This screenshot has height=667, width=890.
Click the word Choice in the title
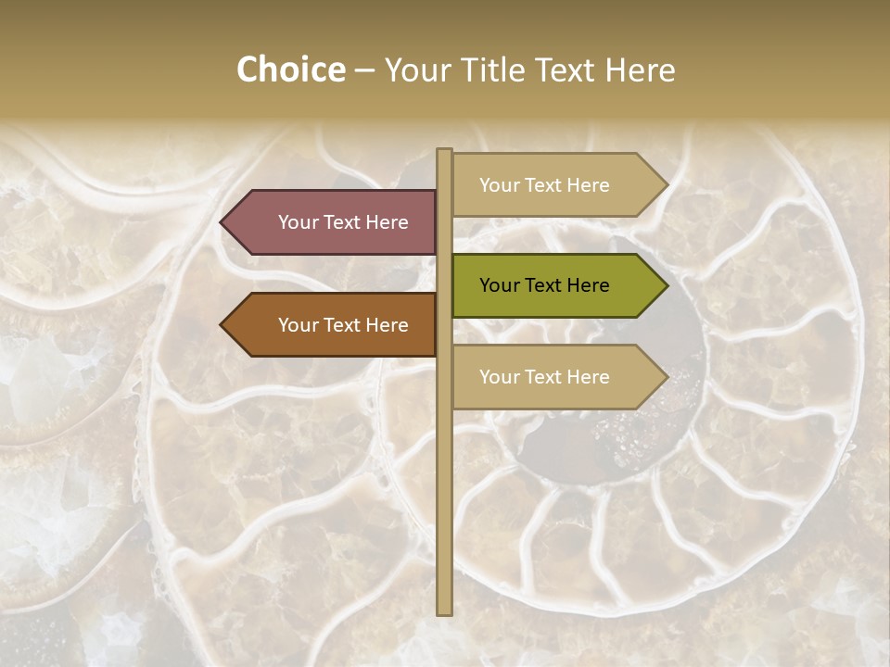290,69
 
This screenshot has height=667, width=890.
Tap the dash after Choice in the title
364,70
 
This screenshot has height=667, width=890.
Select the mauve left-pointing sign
334,222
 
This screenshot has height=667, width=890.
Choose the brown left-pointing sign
334,325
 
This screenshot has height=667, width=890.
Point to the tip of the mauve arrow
222,222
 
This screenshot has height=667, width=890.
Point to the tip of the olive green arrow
667,285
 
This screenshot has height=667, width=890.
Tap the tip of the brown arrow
222,325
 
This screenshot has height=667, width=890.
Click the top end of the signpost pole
444,151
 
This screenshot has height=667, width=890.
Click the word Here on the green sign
587,285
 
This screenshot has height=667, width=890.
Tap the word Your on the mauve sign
299,222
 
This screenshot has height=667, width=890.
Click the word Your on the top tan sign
500,185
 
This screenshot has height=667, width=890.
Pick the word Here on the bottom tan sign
587,377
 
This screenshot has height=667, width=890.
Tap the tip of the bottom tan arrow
667,377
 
